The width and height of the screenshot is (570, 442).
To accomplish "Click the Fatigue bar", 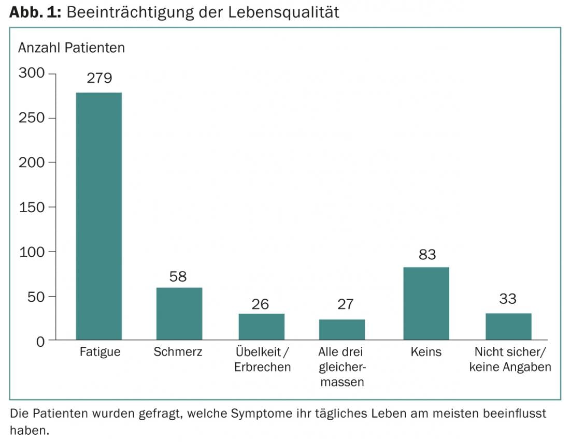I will [x=98, y=216].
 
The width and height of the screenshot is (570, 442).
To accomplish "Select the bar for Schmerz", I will [x=179, y=314].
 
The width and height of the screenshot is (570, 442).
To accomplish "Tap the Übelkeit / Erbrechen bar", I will [x=261, y=327].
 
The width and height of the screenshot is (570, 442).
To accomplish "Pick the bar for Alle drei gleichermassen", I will [x=342, y=330].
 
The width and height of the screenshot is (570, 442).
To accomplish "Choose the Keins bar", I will [x=426, y=303].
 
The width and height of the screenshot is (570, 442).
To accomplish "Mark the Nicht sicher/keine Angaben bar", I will [x=508, y=327].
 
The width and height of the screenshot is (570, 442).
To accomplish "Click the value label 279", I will [x=99, y=78].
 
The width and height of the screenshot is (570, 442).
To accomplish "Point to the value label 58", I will [x=178, y=276].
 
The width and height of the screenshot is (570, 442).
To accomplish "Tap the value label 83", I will [x=427, y=255].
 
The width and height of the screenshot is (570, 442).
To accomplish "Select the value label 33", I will [x=508, y=299].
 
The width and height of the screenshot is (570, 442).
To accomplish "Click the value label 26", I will [x=260, y=304].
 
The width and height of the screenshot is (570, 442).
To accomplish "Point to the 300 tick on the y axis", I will [x=32, y=73].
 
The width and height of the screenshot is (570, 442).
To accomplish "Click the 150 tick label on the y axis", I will [x=32, y=207].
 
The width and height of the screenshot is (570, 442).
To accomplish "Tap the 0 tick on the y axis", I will [x=40, y=341].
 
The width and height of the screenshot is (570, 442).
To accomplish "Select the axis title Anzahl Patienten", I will [x=72, y=48].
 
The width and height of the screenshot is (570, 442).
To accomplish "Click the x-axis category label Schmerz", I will [x=178, y=352].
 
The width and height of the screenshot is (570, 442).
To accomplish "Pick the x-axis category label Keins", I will [x=426, y=352].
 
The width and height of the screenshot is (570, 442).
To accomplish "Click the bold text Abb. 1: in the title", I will [x=36, y=12].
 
